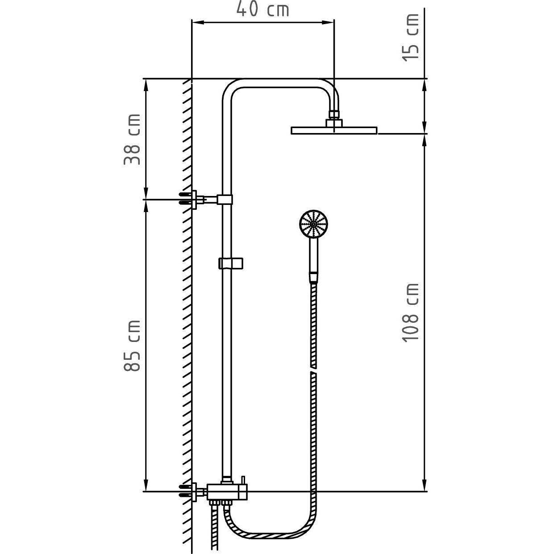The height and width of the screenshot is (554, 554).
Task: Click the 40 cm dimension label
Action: (x=262, y=10)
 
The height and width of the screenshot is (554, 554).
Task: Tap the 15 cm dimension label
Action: (x=410, y=37)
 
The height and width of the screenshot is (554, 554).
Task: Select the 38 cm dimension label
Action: (x=132, y=139)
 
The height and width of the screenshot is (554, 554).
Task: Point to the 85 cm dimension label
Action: (x=132, y=346)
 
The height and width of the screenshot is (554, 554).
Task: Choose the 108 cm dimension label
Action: (x=410, y=313)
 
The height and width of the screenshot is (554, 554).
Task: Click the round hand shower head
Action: (x=313, y=224)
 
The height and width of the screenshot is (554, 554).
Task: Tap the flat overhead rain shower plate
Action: (x=334, y=130)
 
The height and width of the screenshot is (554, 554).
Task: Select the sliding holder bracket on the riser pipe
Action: (x=230, y=263)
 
